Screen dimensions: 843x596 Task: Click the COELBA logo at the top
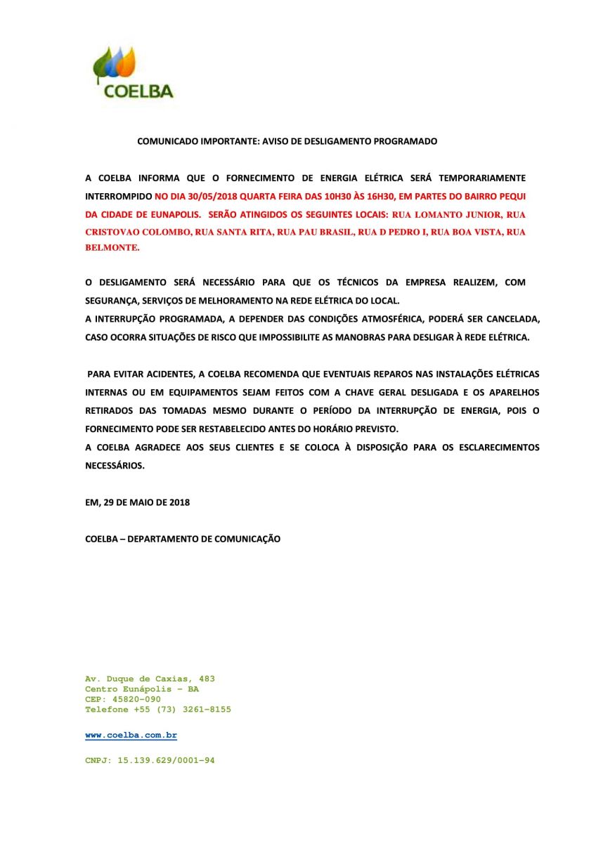pyautogui.click(x=133, y=72)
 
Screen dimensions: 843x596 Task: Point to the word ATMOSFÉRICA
pyautogui.click(x=386, y=319)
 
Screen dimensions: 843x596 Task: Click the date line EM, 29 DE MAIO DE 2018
pyautogui.click(x=137, y=502)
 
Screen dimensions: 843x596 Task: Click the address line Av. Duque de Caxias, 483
pyautogui.click(x=150, y=679)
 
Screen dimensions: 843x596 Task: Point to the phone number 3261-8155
pyautogui.click(x=207, y=710)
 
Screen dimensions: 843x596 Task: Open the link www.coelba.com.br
pyautogui.click(x=131, y=735)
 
